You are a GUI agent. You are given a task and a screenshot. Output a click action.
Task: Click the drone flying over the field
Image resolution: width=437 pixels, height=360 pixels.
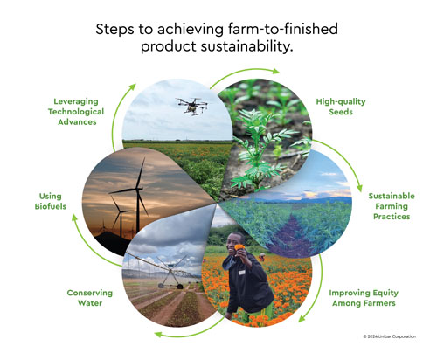click(189, 104)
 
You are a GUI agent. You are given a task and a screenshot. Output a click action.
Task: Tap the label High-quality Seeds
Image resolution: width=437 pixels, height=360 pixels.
click(340, 107)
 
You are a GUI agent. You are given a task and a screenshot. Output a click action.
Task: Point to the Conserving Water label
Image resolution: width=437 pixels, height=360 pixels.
click(92, 299)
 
